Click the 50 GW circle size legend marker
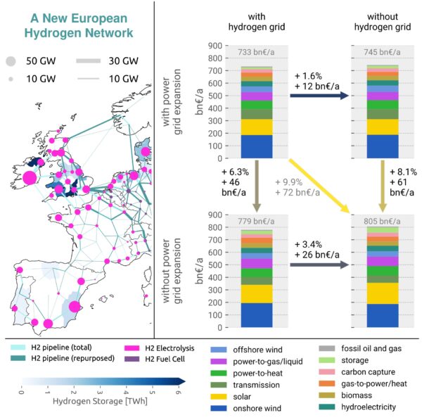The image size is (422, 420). (x=13, y=61)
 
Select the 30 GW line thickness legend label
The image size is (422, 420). (x=123, y=61)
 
